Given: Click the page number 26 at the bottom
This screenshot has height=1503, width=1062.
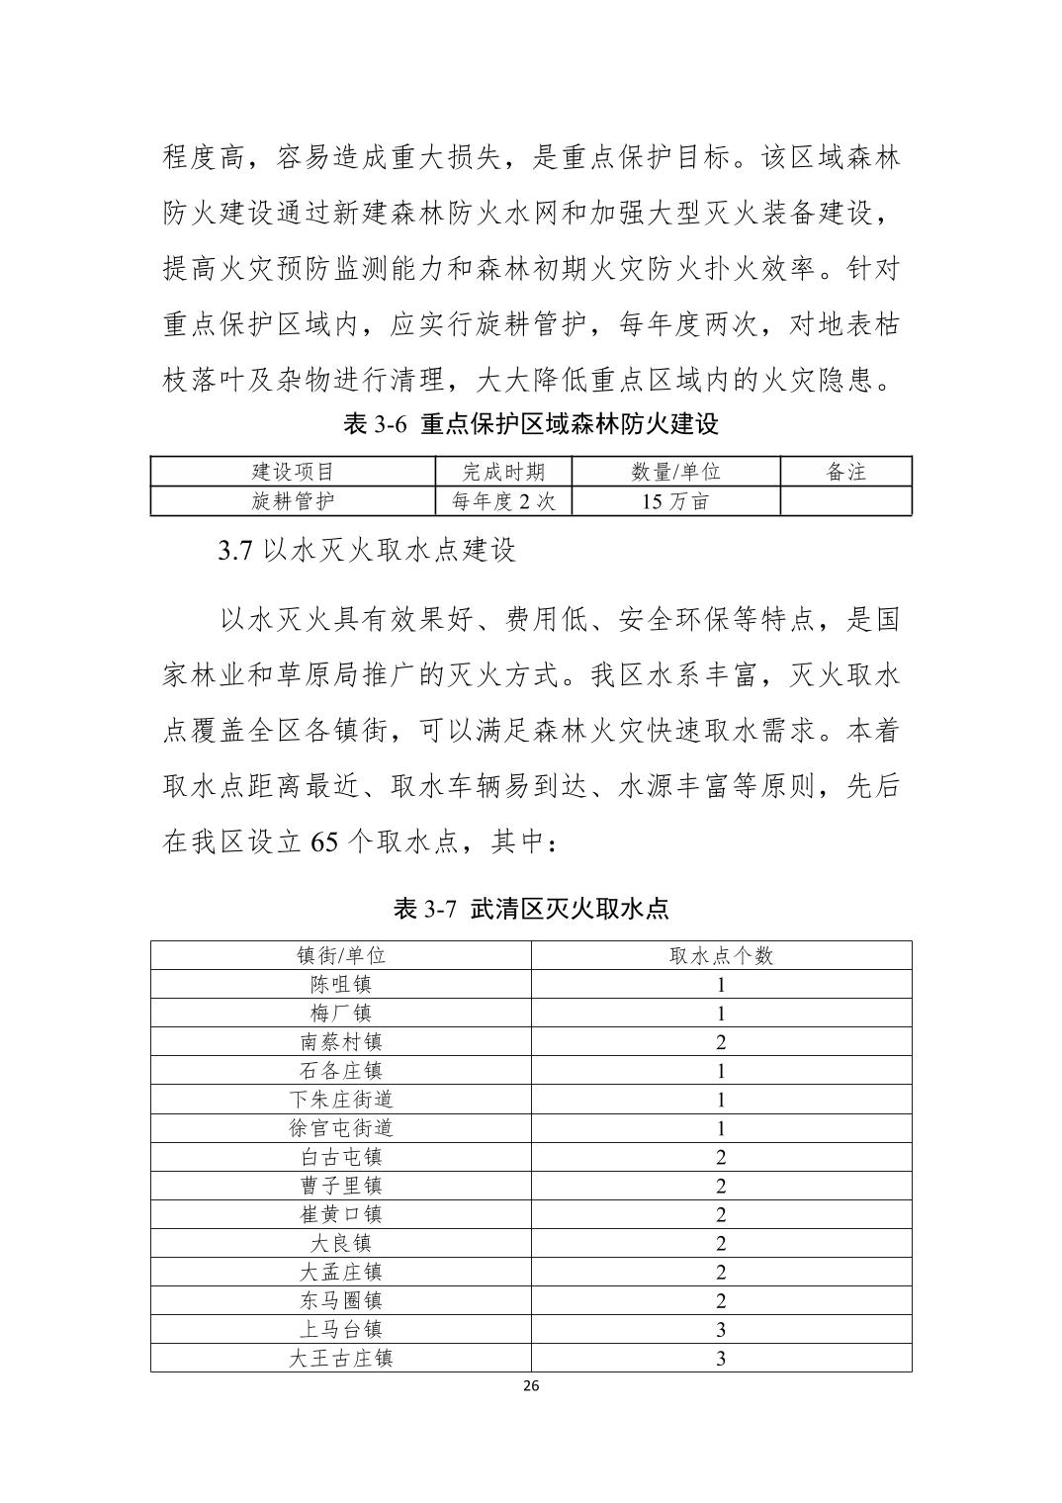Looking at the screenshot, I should pyautogui.click(x=530, y=1385).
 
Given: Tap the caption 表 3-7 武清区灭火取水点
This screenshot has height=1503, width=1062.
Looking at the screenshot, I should pyautogui.click(x=530, y=909).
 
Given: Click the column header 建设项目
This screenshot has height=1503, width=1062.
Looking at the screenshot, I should pyautogui.click(x=294, y=472).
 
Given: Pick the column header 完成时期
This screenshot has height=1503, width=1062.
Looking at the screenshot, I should pyautogui.click(x=503, y=472).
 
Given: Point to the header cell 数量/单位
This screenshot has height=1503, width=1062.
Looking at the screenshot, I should pyautogui.click(x=675, y=472).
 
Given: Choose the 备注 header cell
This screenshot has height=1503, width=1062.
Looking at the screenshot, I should pyautogui.click(x=845, y=472).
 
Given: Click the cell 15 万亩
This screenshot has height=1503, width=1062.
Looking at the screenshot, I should pyautogui.click(x=675, y=501).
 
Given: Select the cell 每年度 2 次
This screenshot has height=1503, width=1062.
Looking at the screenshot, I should pyautogui.click(x=503, y=501).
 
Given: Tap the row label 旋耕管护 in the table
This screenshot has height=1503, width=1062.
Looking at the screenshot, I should pyautogui.click(x=294, y=501).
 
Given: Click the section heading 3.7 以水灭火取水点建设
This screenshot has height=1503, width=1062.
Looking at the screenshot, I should pyautogui.click(x=367, y=551).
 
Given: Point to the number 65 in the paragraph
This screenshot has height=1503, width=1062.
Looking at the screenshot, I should pyautogui.click(x=325, y=841).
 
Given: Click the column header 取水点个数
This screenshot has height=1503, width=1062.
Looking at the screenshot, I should pyautogui.click(x=721, y=955).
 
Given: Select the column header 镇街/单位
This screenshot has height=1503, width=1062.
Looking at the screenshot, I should pyautogui.click(x=341, y=955).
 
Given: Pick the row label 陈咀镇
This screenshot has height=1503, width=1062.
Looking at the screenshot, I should pyautogui.click(x=341, y=984).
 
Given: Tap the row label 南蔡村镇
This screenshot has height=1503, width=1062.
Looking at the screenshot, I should pyautogui.click(x=341, y=1041).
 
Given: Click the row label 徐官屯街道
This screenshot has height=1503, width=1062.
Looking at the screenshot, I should pyautogui.click(x=341, y=1128).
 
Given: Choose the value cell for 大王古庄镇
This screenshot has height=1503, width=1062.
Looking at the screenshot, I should pyautogui.click(x=721, y=1358).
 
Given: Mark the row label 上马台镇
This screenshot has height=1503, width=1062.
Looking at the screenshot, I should pyautogui.click(x=341, y=1329).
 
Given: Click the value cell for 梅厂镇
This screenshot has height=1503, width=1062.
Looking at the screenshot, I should pyautogui.click(x=721, y=1013).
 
